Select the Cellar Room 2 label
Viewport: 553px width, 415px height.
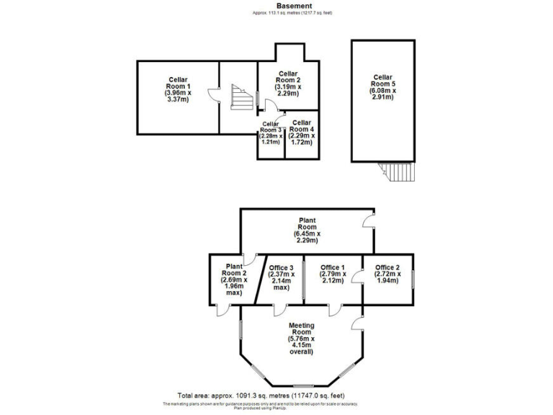288,83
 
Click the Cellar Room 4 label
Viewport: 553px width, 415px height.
302,133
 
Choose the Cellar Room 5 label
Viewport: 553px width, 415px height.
382,86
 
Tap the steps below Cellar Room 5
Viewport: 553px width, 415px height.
397,171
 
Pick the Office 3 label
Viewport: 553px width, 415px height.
279,277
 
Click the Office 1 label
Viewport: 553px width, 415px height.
333,274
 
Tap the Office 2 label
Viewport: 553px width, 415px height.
387,274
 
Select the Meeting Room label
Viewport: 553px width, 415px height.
301,338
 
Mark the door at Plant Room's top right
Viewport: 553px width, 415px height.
368,219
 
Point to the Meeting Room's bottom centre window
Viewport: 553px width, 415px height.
302,385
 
